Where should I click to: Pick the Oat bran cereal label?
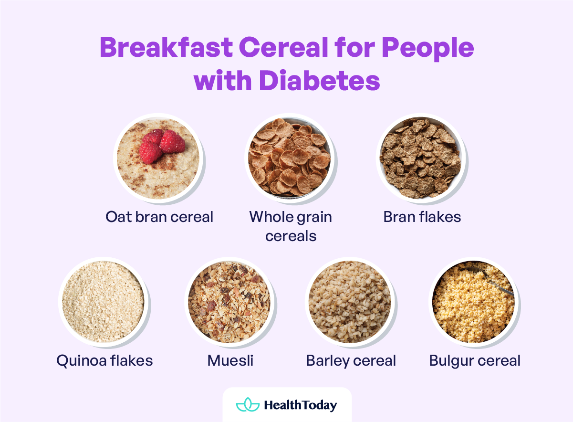[x=159, y=217]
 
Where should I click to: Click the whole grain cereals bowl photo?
[x=289, y=158]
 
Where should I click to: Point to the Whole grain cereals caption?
[x=291, y=226]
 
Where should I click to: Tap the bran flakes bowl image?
[x=420, y=158]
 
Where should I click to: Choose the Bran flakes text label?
[x=422, y=217]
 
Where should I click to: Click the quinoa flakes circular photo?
[x=103, y=302]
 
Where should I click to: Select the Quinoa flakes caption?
[x=104, y=360]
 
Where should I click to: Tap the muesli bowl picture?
[x=229, y=302]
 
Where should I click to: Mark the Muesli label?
[x=230, y=360]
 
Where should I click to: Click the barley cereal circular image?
[x=350, y=302]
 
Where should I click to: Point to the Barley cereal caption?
[x=351, y=360]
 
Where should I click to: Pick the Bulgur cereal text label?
[x=475, y=360]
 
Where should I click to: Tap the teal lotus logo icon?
[x=248, y=405]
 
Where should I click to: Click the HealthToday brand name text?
[x=300, y=405]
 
